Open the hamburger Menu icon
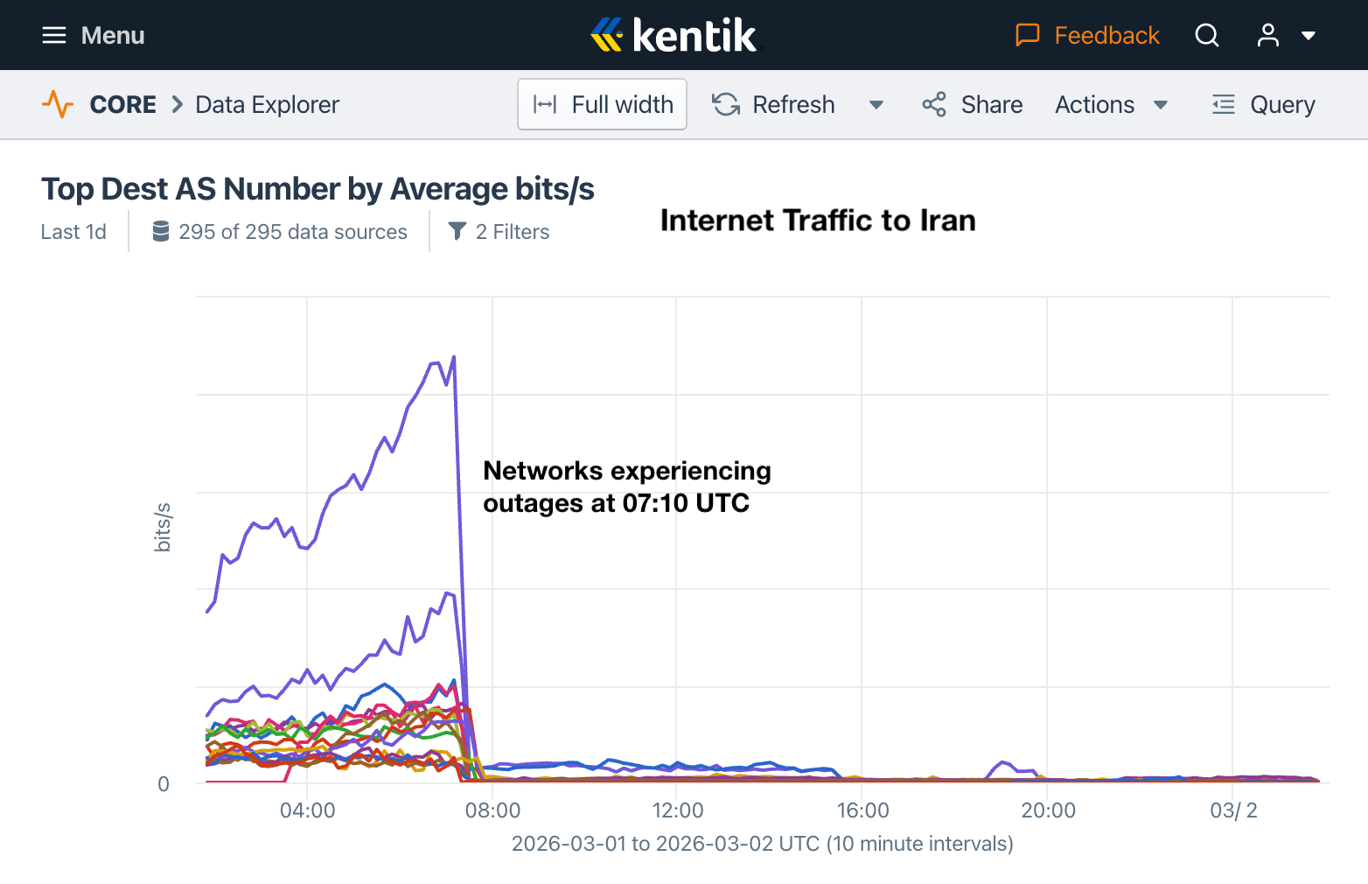click(54, 35)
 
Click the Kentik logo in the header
click(674, 35)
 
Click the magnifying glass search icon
click(1207, 35)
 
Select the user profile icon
click(1267, 35)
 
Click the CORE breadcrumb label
click(122, 105)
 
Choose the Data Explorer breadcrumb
click(267, 105)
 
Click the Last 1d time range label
click(73, 232)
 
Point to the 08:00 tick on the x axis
click(492, 810)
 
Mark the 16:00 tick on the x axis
click(862, 810)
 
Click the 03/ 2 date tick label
click(1233, 810)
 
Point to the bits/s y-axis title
click(163, 527)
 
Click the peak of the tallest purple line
click(453, 357)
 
